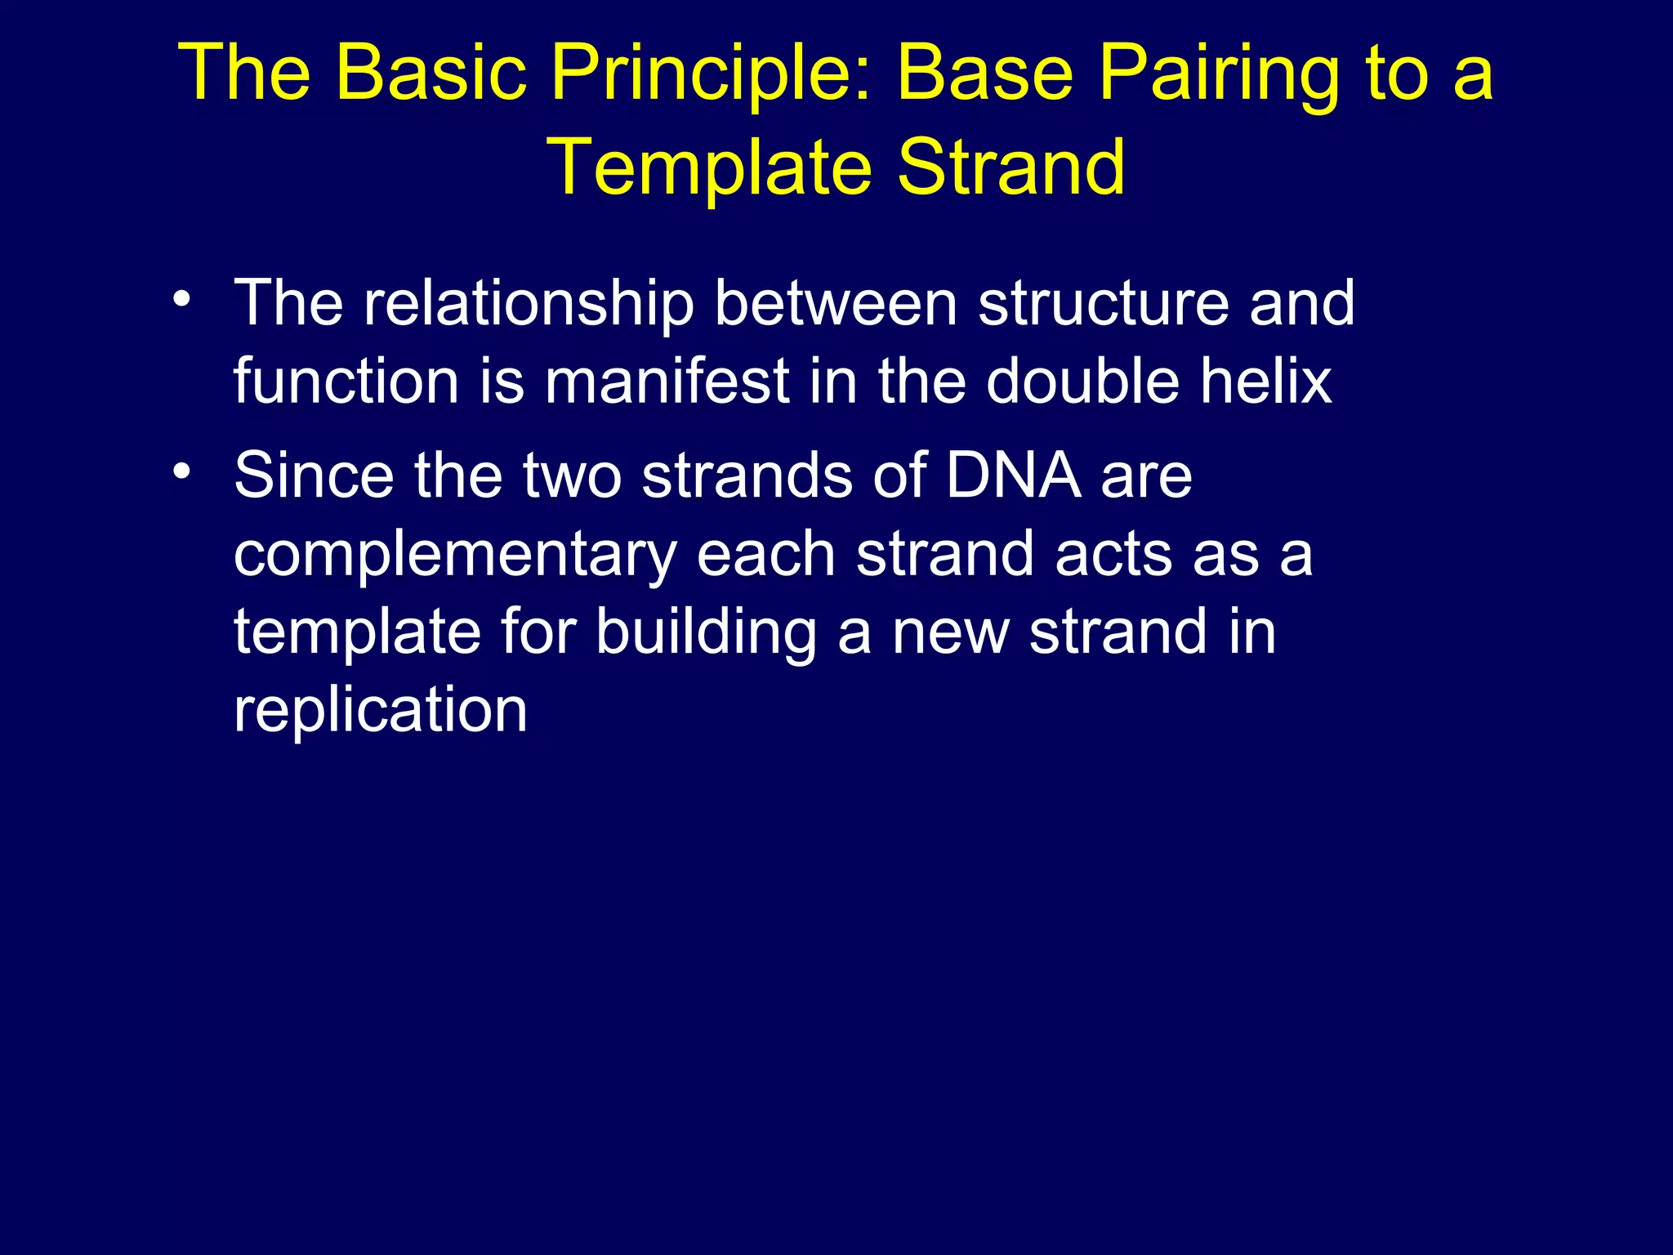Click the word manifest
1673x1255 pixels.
tap(667, 382)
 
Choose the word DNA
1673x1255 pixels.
tap(1013, 476)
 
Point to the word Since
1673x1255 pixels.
tap(314, 476)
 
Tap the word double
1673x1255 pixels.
tap(1082, 382)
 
